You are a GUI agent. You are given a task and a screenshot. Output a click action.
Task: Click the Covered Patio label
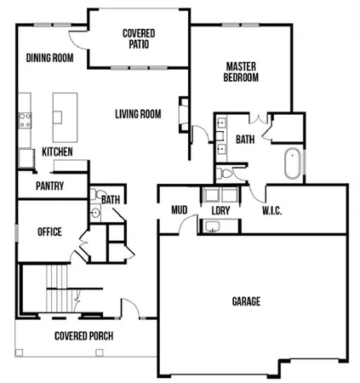[x=138, y=38]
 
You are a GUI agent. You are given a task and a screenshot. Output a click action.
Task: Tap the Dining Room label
[x=49, y=58]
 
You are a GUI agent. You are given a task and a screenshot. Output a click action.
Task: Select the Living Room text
[x=138, y=113]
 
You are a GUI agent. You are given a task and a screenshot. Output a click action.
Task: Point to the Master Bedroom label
[x=243, y=72]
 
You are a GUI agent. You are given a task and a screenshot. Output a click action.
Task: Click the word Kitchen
[x=57, y=151]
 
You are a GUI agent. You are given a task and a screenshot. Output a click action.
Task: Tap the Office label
[x=49, y=232]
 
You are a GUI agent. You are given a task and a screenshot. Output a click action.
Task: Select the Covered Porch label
[x=83, y=334]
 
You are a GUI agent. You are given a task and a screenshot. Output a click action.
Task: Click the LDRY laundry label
[x=221, y=209]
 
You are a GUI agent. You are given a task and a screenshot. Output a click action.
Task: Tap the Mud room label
[x=179, y=209]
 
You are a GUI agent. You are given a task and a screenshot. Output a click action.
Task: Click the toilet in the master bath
[x=225, y=174]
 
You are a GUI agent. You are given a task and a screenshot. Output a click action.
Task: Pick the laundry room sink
[x=210, y=226]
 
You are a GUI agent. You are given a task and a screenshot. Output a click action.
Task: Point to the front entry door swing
[x=129, y=308]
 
